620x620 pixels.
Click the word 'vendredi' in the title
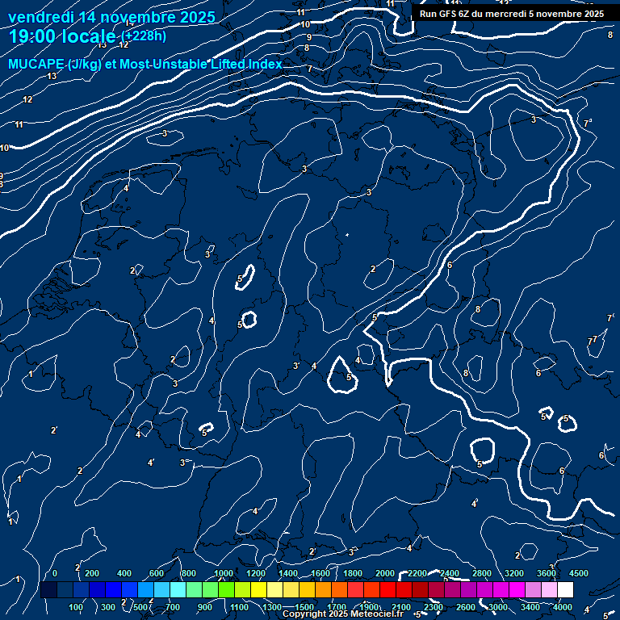click(40, 16)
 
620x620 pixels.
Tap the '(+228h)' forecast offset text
click(144, 36)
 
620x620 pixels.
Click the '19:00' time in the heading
click(33, 36)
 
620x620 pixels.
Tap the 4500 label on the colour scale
click(579, 573)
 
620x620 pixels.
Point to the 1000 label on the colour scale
click(224, 573)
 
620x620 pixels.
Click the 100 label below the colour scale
click(77, 607)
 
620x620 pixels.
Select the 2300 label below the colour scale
click(434, 607)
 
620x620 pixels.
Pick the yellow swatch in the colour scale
click(274, 590)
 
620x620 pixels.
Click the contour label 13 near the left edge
click(52, 76)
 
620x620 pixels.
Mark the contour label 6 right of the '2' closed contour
click(449, 265)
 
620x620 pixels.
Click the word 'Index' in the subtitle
click(264, 64)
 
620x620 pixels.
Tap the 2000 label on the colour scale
click(385, 573)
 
